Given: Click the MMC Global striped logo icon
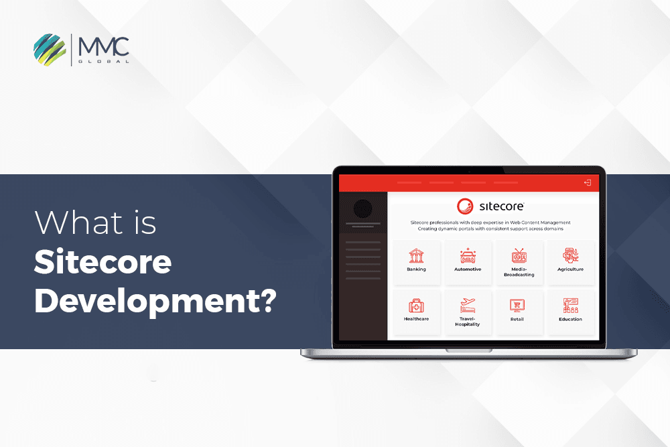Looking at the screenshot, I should pyautogui.click(x=50, y=49).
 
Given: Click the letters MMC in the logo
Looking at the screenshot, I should pyautogui.click(x=103, y=47).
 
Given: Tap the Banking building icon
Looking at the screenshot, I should pyautogui.click(x=416, y=255).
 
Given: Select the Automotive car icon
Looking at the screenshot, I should pyautogui.click(x=468, y=255).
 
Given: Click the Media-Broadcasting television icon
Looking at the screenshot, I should pyautogui.click(x=519, y=255).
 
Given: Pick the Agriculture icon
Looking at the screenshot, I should pyautogui.click(x=570, y=255).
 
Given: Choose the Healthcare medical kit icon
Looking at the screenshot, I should pyautogui.click(x=416, y=306).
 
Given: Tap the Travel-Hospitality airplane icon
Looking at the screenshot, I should pyautogui.click(x=468, y=306).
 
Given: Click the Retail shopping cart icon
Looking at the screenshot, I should pyautogui.click(x=517, y=306).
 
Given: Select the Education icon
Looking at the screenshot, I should pyautogui.click(x=570, y=306).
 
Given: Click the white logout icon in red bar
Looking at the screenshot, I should pyautogui.click(x=588, y=182).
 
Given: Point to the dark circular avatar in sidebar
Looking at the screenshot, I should pyautogui.click(x=362, y=208).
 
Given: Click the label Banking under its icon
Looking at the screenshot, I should pyautogui.click(x=416, y=269).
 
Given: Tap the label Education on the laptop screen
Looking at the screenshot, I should pyautogui.click(x=570, y=320).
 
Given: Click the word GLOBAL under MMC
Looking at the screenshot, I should pyautogui.click(x=103, y=61).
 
